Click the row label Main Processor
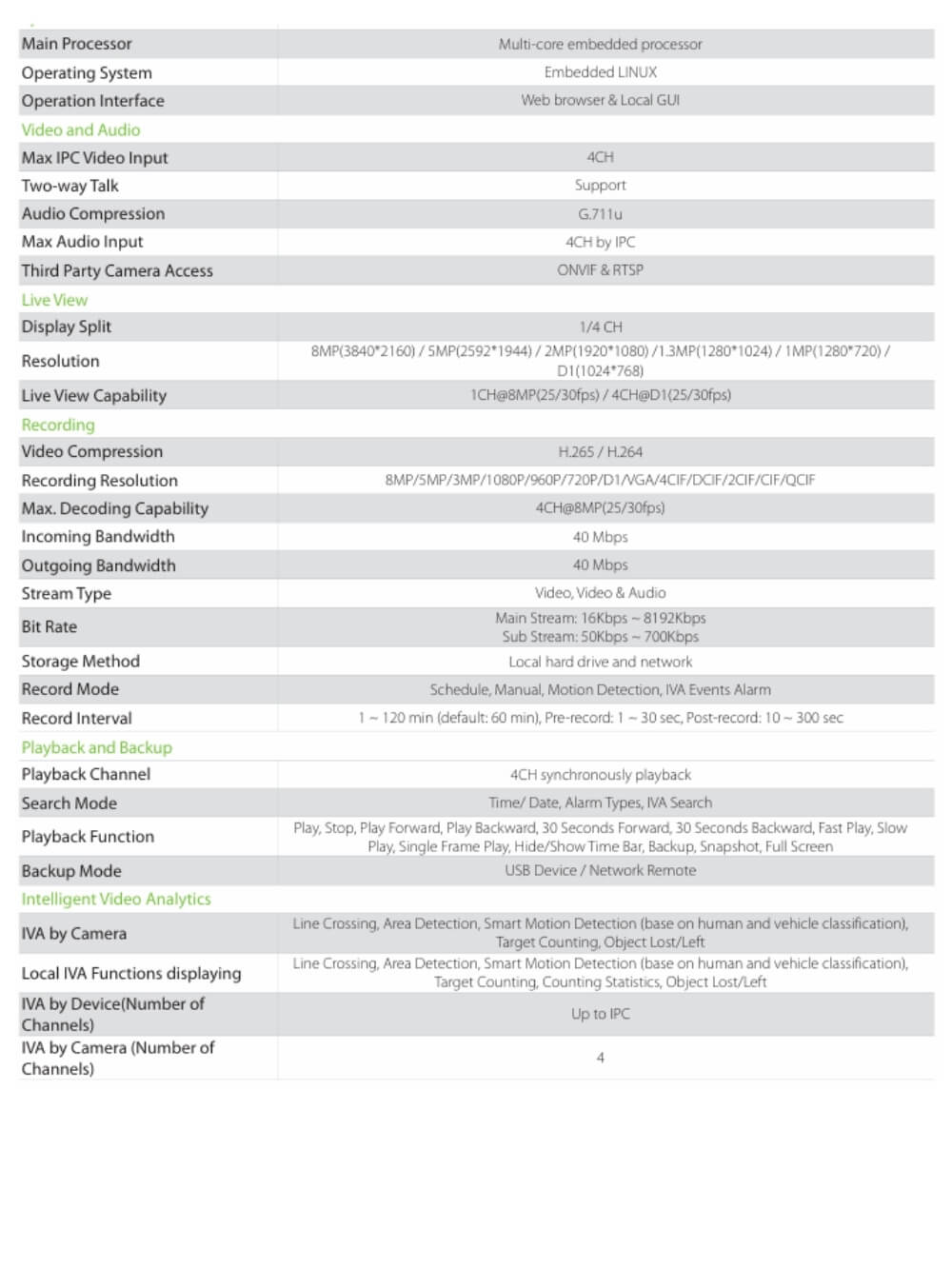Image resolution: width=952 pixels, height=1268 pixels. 76,44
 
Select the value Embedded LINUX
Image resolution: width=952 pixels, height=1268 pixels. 600,72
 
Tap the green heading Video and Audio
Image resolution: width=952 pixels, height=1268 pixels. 81,129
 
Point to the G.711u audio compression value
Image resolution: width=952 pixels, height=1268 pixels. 600,214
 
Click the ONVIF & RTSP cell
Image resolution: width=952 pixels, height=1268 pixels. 600,270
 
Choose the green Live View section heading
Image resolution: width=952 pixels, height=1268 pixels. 54,300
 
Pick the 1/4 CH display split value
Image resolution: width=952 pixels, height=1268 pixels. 600,327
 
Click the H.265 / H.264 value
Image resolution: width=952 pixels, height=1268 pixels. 600,452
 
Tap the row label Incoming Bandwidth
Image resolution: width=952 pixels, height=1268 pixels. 98,537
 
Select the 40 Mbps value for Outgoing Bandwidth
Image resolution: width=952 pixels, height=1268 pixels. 600,565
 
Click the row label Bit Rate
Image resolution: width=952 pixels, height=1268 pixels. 50,626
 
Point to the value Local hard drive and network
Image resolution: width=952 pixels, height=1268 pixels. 600,662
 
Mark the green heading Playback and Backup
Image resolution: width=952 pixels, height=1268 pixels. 96,747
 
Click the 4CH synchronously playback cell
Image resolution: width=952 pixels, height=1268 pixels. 600,775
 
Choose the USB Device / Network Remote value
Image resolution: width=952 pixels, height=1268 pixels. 600,870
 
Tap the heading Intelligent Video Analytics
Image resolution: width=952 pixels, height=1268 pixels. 116,899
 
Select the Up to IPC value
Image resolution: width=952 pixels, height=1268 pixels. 600,1014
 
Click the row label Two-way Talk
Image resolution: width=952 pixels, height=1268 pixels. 69,186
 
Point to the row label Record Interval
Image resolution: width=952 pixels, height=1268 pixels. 76,719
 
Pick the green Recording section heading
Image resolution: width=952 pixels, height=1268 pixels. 58,425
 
